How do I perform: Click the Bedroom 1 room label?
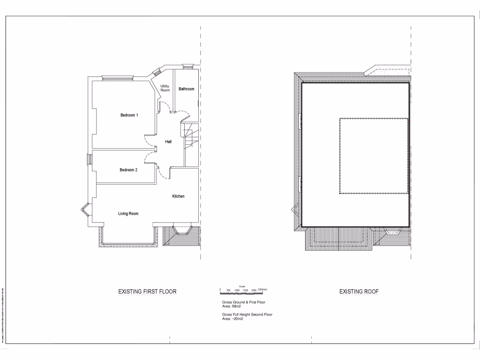pos(129,115)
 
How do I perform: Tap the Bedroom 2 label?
pos(128,170)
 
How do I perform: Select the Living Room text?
pos(128,214)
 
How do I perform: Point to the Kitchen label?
pos(178,196)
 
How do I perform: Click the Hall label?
pos(168,141)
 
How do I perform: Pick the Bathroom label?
pos(186,89)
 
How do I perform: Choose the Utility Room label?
pos(165,88)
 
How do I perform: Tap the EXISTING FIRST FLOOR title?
pos(147,292)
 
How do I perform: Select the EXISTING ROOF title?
pos(359,292)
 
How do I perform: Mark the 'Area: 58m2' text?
pos(232,306)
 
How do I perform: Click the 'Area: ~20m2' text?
pos(233,319)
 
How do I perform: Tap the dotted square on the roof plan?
pos(374,156)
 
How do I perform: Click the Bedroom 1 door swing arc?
pos(149,141)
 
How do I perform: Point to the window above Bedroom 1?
pos(119,78)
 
